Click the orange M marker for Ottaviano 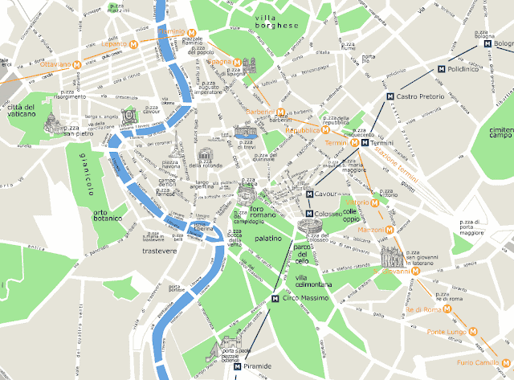(77, 63)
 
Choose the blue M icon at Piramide (237, 366)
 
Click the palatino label (267, 239)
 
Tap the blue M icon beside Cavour (311, 194)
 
